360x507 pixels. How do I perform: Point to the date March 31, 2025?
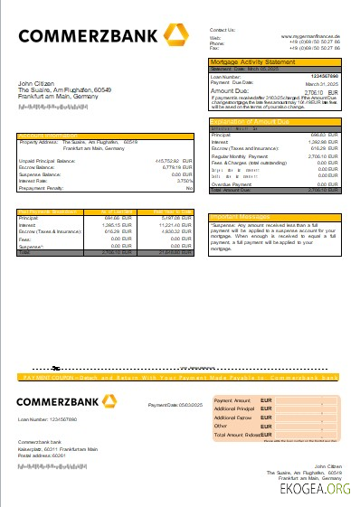(x=321, y=82)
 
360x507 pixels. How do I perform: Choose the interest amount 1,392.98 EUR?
(x=321, y=141)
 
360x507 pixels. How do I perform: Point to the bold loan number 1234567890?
(x=323, y=76)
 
